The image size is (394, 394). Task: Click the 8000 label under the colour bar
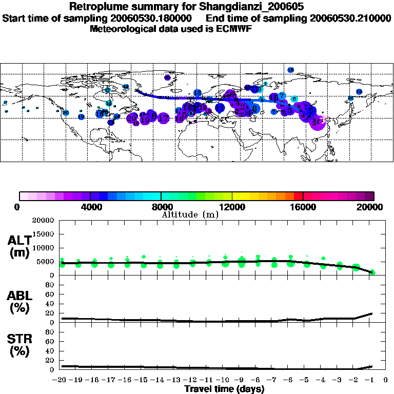(161, 207)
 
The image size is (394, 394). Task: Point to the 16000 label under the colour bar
(303, 207)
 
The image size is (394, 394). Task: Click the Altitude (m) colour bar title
(190, 214)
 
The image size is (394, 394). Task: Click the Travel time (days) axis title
(224, 389)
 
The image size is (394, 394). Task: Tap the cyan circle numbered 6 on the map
(294, 99)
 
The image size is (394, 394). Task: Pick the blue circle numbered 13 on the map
(198, 93)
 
